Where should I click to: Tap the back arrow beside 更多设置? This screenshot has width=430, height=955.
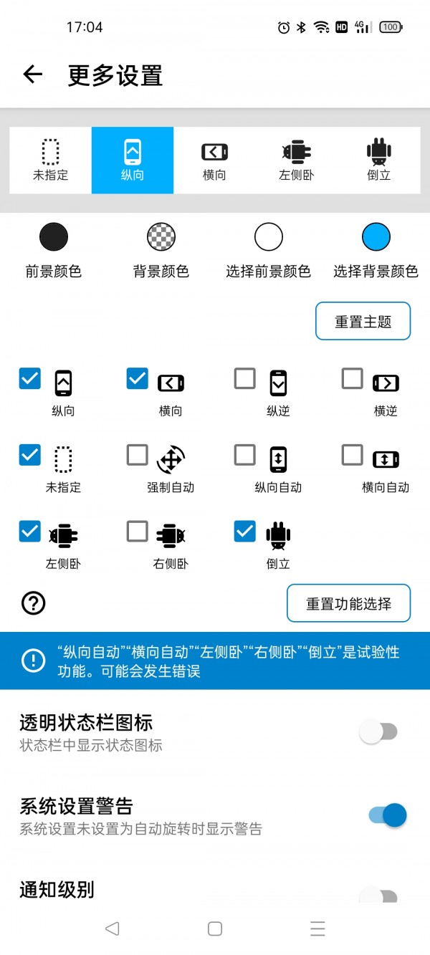pyautogui.click(x=33, y=75)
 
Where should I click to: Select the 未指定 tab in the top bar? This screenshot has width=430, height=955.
pyautogui.click(x=50, y=160)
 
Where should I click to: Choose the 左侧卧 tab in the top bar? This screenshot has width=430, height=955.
pyautogui.click(x=296, y=160)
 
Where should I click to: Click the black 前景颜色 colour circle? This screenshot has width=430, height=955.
pyautogui.click(x=54, y=237)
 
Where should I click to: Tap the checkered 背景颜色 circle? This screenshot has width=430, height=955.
pyautogui.click(x=161, y=237)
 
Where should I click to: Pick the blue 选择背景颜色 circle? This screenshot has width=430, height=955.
pyautogui.click(x=376, y=237)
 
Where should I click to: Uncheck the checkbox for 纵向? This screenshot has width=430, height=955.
pyautogui.click(x=30, y=379)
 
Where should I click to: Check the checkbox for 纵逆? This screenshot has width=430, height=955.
pyautogui.click(x=245, y=379)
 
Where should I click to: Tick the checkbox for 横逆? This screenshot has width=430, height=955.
pyautogui.click(x=353, y=379)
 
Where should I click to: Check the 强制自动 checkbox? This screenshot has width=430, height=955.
pyautogui.click(x=138, y=455)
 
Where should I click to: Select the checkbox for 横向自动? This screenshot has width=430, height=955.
pyautogui.click(x=353, y=455)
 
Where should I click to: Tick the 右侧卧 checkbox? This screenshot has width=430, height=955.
pyautogui.click(x=138, y=531)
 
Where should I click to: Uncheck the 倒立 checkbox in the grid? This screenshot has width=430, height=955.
pyautogui.click(x=245, y=531)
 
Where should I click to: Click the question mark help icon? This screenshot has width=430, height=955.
pyautogui.click(x=34, y=603)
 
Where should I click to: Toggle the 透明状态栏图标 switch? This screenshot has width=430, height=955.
pyautogui.click(x=378, y=732)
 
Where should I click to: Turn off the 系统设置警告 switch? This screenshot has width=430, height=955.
pyautogui.click(x=388, y=815)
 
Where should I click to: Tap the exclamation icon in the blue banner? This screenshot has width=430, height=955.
pyautogui.click(x=34, y=661)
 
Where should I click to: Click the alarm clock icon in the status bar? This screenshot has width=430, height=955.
pyautogui.click(x=284, y=27)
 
